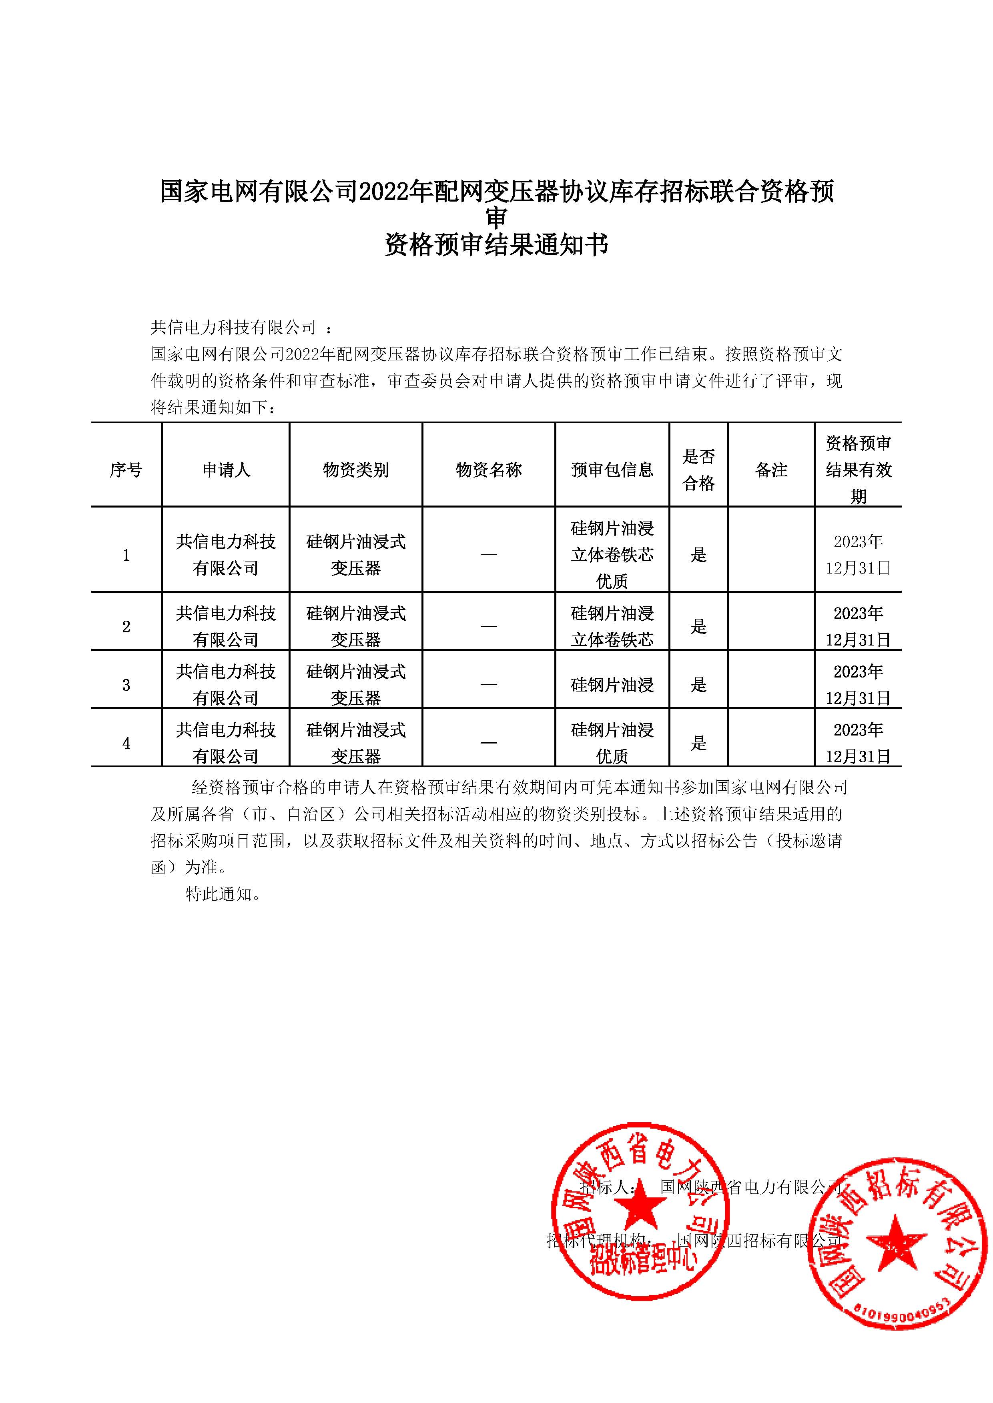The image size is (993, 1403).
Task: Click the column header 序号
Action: click(x=126, y=470)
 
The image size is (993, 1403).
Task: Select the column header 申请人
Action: click(x=226, y=470)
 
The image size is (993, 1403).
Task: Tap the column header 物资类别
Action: click(x=356, y=470)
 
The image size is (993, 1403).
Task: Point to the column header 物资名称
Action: click(x=489, y=470)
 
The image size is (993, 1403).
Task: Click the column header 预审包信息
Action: click(x=612, y=470)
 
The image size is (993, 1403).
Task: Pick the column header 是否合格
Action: click(x=698, y=470)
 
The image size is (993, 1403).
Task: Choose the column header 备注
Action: click(x=771, y=470)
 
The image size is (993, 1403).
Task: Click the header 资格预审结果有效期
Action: click(x=858, y=470)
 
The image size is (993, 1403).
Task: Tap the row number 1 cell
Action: click(x=126, y=555)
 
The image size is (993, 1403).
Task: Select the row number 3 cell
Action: click(x=126, y=685)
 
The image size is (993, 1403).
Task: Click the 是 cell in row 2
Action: click(x=698, y=626)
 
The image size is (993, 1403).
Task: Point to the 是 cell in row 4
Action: click(x=698, y=743)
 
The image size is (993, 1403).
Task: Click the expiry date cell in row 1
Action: click(x=858, y=555)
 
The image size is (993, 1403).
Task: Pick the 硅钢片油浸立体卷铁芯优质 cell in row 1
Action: click(x=612, y=555)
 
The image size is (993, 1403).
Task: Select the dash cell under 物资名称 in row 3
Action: click(x=489, y=685)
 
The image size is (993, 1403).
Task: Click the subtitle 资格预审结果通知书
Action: click(x=496, y=246)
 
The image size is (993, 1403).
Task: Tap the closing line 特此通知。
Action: click(x=224, y=894)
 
